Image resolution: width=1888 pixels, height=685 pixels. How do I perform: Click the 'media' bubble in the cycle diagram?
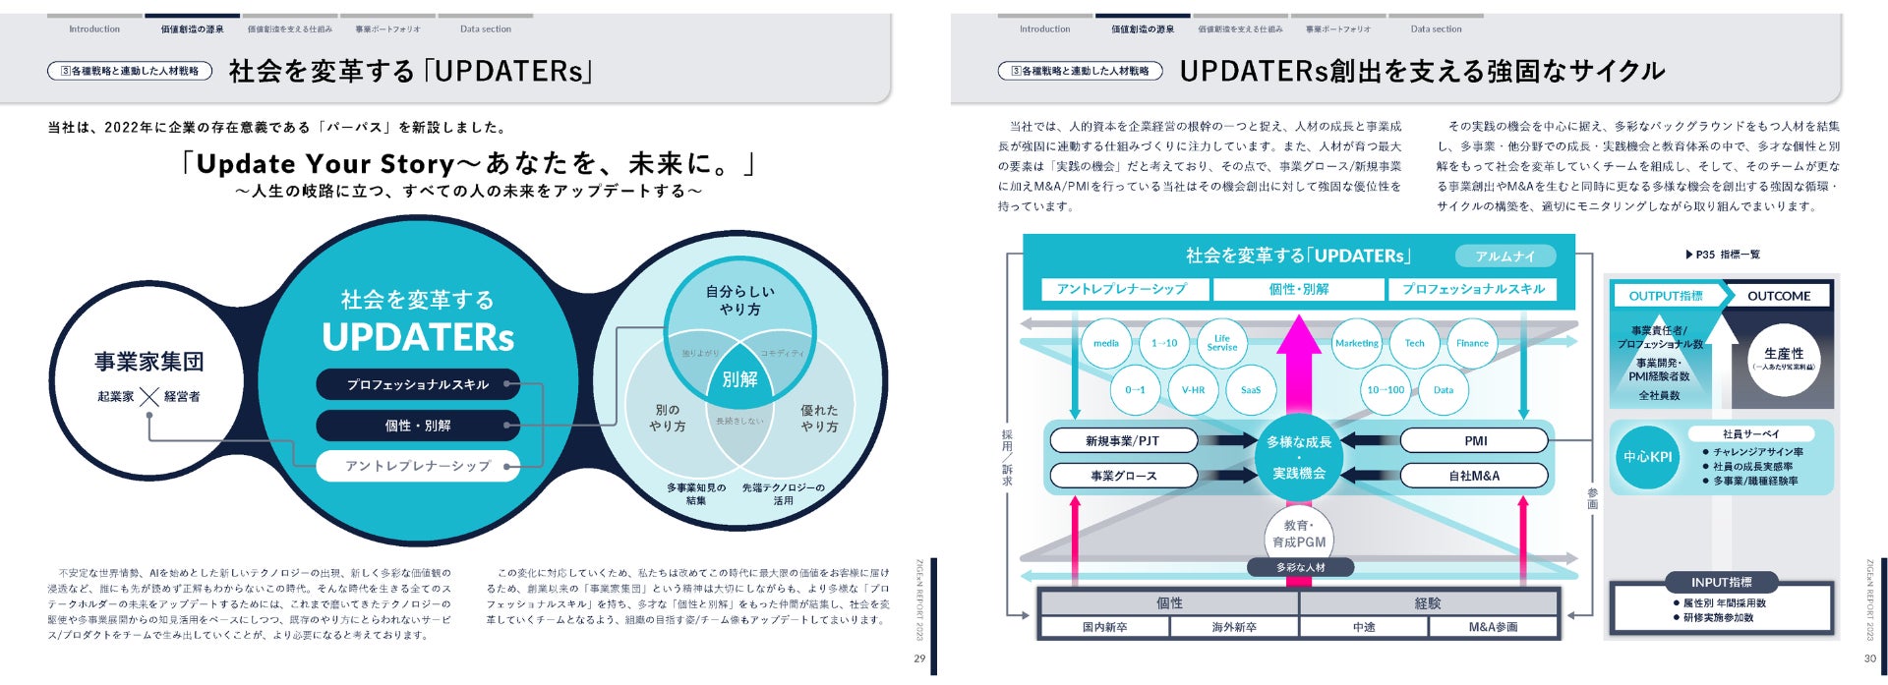pos(1106,344)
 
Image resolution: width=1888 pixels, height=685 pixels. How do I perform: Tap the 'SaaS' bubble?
pos(1250,390)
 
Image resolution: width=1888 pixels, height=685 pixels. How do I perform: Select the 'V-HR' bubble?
pos(1193,390)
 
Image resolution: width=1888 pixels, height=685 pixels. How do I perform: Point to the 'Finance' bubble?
pos(1472,344)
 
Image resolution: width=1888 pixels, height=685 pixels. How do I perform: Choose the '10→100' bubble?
pos(1386,390)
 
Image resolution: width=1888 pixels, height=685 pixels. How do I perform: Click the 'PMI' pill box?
pos(1475,441)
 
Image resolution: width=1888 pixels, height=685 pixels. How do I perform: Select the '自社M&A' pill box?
pos(1474,476)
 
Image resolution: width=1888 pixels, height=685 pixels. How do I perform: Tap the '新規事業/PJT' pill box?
pos(1122,441)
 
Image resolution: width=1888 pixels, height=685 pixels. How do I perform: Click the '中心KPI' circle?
pos(1648,457)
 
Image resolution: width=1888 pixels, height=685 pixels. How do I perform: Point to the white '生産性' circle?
pos(1784,358)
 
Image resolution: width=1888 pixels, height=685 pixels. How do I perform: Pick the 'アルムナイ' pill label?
pos(1504,257)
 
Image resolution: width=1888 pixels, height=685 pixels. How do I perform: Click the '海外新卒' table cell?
pos(1234,627)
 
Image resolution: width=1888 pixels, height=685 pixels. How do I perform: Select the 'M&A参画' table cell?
pos(1493,627)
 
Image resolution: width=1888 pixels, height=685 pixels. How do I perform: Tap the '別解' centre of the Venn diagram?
pos(739,379)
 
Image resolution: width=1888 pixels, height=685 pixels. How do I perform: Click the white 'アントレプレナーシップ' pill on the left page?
pos(418,466)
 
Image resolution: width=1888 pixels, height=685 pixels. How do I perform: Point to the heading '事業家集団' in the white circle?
pos(149,362)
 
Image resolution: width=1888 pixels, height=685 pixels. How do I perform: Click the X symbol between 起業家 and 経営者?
pos(149,397)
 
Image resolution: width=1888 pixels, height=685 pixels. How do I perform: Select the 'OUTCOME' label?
pos(1779,296)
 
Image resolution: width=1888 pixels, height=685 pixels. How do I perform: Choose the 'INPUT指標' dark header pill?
pos(1721,582)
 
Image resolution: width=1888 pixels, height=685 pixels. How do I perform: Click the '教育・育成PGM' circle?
pos(1299,534)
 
